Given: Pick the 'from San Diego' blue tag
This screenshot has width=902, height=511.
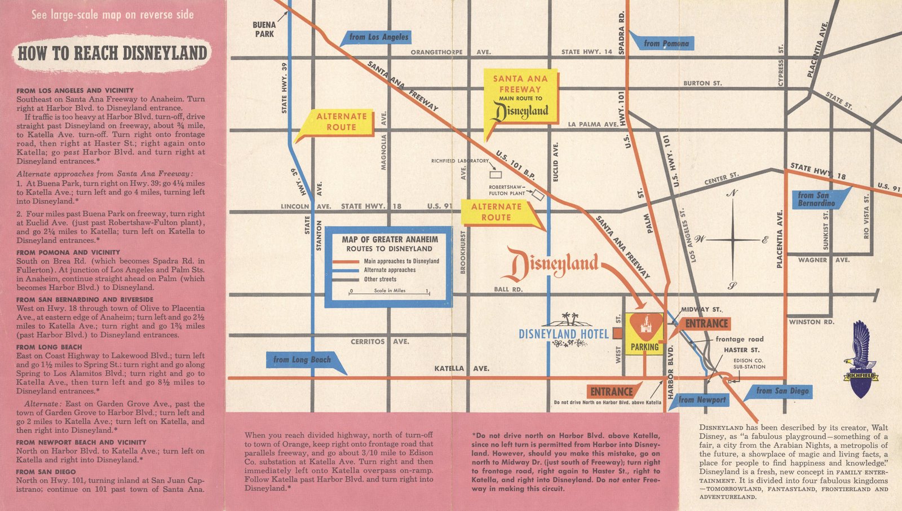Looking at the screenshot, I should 781,391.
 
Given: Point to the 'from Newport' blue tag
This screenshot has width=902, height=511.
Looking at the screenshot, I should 701,400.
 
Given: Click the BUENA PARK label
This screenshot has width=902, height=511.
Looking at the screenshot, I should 264,29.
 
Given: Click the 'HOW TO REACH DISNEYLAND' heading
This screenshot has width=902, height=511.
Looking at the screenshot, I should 112,54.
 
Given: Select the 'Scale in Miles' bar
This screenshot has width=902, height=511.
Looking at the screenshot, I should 389,292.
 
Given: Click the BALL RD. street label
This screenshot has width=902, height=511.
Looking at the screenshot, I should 508,289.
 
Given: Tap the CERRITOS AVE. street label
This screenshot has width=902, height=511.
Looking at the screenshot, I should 379,342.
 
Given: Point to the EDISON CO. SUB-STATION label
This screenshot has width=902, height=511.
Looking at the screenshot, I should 749,364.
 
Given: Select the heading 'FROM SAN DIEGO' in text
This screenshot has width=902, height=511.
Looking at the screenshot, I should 46,472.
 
